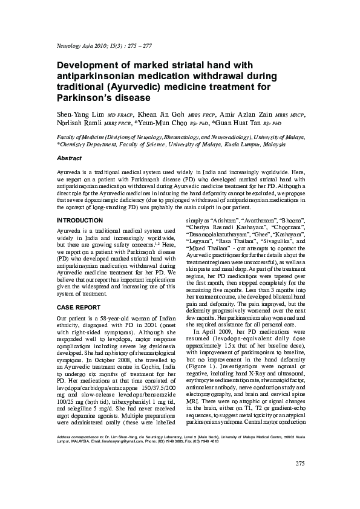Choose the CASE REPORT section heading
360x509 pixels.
77,307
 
